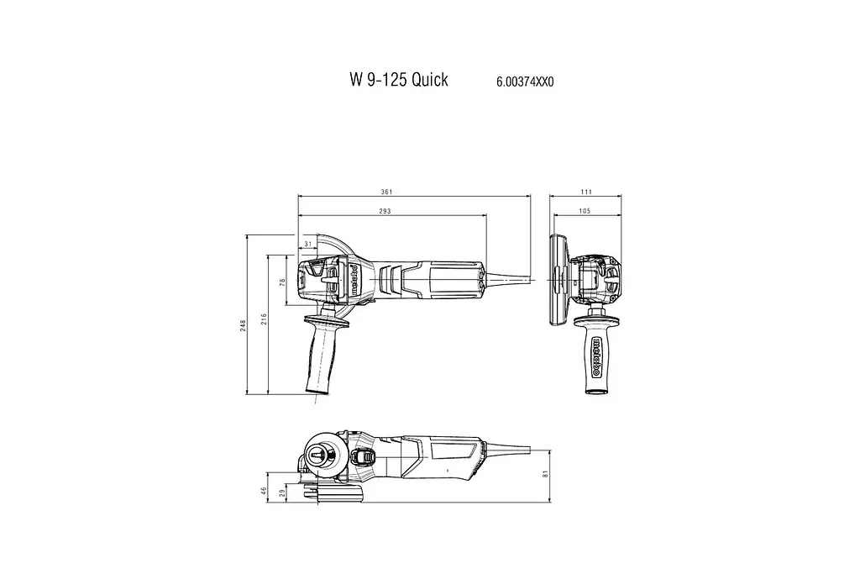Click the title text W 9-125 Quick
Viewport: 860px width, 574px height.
pos(398,80)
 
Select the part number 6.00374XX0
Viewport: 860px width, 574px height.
pos(525,82)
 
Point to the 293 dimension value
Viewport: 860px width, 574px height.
pos(385,211)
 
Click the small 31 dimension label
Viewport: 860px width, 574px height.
pos(307,244)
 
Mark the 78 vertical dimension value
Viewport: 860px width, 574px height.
pos(283,283)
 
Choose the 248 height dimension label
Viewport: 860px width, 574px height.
pos(242,324)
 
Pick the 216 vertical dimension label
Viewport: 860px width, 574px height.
pos(263,320)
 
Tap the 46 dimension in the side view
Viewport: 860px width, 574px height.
pos(264,490)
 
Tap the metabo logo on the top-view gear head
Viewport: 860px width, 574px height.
pos(356,279)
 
